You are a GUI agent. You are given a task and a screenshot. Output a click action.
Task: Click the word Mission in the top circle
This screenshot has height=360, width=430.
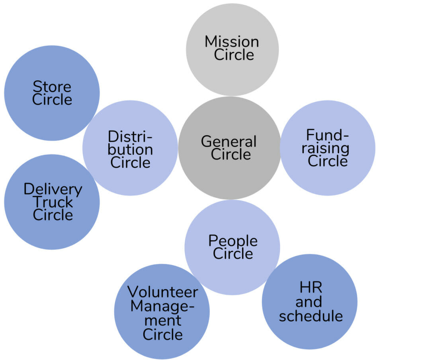(x=232, y=41)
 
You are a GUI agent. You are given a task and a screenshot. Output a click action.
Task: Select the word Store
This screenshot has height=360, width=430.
(x=52, y=86)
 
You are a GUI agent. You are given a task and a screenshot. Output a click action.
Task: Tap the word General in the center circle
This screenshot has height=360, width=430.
(x=229, y=141)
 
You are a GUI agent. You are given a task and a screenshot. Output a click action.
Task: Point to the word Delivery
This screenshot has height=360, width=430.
(x=53, y=189)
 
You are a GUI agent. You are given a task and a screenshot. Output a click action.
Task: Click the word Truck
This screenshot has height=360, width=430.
(x=53, y=202)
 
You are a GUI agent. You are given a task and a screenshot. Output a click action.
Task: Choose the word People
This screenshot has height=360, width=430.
(x=233, y=241)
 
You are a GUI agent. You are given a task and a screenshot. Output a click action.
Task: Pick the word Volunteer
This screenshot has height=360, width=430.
(x=162, y=292)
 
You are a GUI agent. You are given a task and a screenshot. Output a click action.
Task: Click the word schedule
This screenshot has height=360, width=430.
(x=311, y=316)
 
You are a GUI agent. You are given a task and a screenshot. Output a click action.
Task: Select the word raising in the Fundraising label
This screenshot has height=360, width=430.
(x=328, y=148)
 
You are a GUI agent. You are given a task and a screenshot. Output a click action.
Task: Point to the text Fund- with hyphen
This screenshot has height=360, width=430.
(x=327, y=136)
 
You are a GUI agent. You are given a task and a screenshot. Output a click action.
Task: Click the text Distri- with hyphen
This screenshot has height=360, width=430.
(x=130, y=136)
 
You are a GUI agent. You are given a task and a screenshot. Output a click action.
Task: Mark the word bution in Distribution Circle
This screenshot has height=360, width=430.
(x=130, y=150)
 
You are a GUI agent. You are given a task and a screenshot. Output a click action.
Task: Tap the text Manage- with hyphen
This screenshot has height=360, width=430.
(x=162, y=306)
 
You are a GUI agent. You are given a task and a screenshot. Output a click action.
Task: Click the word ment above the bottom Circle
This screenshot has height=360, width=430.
(x=162, y=320)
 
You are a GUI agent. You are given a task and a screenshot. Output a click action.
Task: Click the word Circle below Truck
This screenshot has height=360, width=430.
(x=53, y=215)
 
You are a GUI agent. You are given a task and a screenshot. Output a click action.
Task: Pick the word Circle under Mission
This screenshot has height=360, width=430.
(x=234, y=55)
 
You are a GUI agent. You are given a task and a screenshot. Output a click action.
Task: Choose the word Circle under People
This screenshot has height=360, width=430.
(x=233, y=254)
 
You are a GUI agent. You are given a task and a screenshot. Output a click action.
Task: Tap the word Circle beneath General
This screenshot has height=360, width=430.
(x=231, y=154)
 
